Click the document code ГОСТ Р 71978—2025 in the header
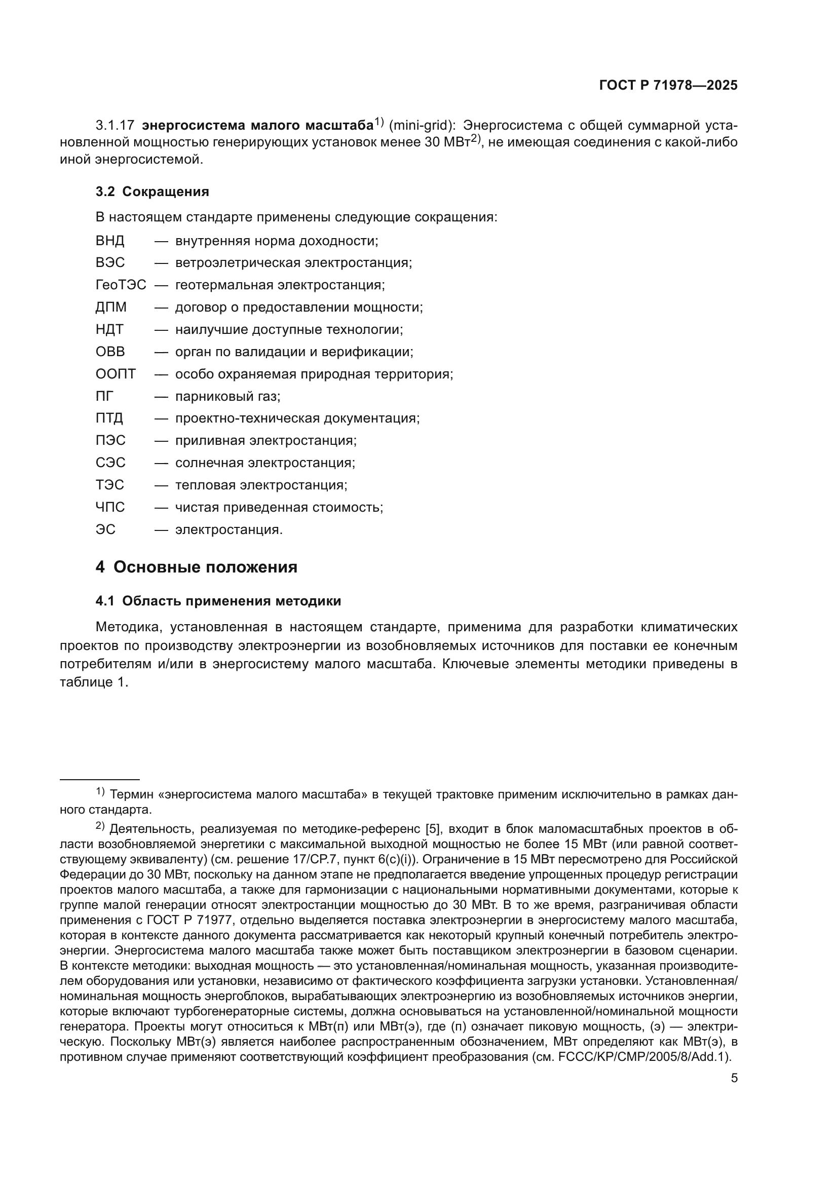tap(668, 86)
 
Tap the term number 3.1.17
tap(115, 126)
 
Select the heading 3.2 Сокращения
tap(152, 192)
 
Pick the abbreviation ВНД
tap(110, 241)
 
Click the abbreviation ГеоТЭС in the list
tap(121, 285)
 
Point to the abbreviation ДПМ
tap(111, 308)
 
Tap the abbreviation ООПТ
tap(116, 374)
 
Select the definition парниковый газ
tap(227, 396)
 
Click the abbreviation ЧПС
tap(110, 507)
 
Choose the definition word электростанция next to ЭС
tap(228, 530)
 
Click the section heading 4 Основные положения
tap(197, 567)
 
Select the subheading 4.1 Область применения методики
tap(218, 601)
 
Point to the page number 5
tap(734, 1078)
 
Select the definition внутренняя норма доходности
tap(277, 241)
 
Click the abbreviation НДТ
tap(109, 330)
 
